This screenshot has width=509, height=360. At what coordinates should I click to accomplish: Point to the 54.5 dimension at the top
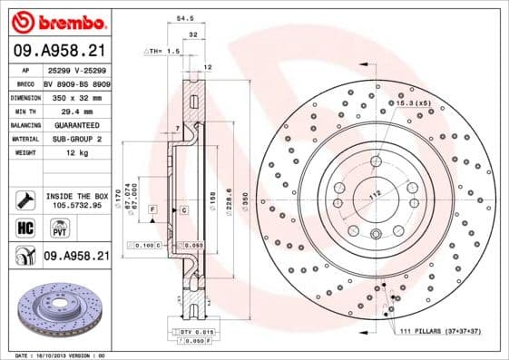(184, 17)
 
